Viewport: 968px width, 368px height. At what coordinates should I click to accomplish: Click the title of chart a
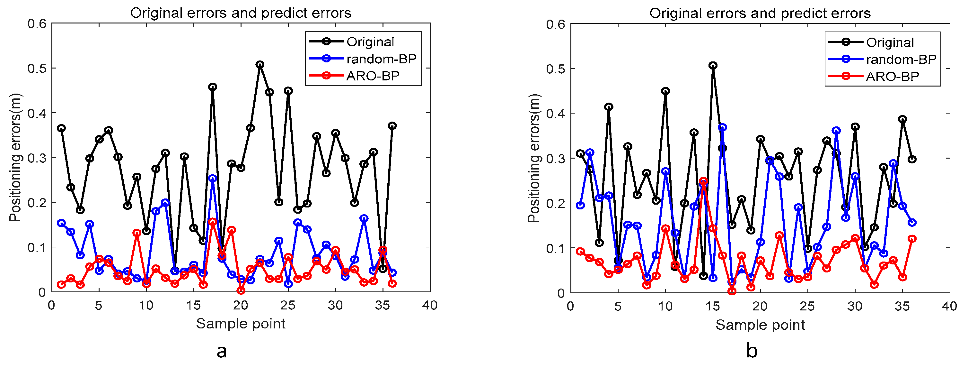[241, 13]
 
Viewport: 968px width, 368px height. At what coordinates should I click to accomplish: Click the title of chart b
[760, 14]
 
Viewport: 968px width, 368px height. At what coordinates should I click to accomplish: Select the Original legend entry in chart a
[370, 42]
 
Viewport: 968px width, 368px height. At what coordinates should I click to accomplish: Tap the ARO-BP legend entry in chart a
[373, 76]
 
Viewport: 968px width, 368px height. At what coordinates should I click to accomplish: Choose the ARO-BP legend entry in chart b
[892, 76]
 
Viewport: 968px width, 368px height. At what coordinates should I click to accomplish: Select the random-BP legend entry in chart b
[901, 60]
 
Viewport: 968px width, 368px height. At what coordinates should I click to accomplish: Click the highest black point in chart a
[260, 65]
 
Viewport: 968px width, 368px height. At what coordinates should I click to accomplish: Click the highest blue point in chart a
[213, 178]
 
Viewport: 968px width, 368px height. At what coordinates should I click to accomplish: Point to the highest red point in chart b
[703, 181]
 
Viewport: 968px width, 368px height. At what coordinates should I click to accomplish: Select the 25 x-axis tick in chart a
[288, 305]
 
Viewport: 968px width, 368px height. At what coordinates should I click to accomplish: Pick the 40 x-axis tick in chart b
[949, 306]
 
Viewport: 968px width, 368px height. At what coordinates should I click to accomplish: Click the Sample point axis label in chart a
[241, 324]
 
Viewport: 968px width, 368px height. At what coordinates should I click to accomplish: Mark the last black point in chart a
[392, 126]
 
